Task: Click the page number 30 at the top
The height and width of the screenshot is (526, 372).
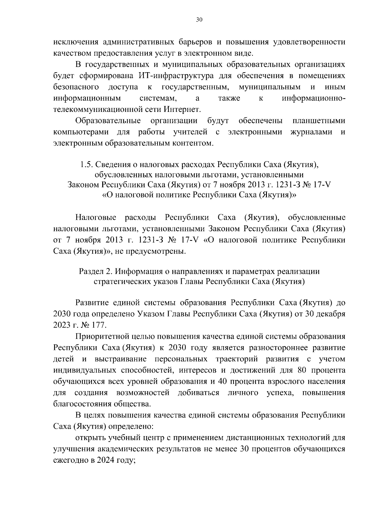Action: pos(199,20)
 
